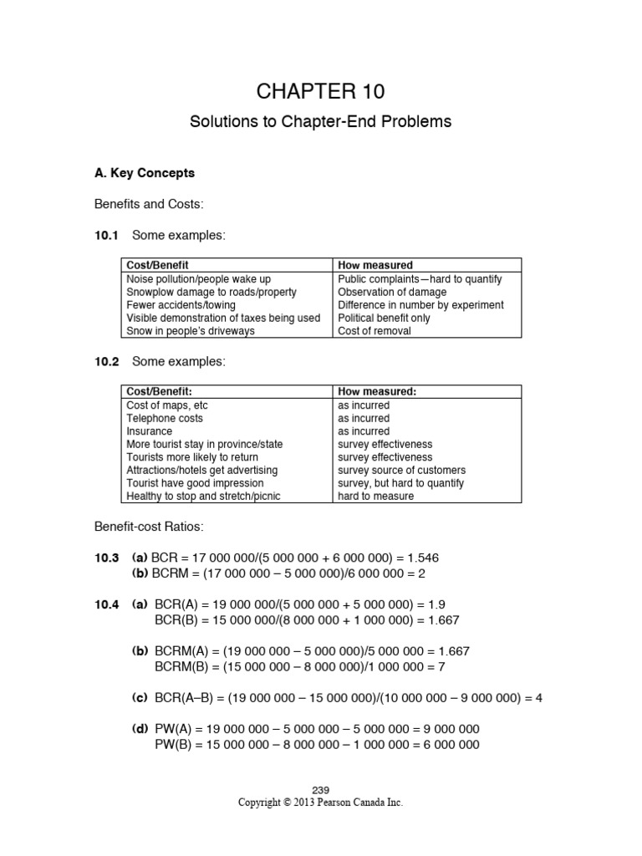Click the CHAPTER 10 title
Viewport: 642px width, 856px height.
[x=321, y=90]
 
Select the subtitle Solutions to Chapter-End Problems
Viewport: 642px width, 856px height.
[x=321, y=121]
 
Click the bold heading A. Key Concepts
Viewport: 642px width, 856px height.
[x=145, y=173]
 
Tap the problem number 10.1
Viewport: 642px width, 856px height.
[x=107, y=236]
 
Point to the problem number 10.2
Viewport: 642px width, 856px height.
[x=107, y=361]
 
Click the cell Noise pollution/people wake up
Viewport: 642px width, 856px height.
[x=199, y=279]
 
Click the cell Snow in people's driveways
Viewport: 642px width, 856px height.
[x=191, y=331]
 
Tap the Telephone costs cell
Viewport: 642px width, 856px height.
[x=165, y=418]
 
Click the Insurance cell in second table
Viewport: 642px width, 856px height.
[x=150, y=431]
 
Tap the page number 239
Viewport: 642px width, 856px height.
[x=321, y=791]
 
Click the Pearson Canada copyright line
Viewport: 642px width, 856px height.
[x=321, y=802]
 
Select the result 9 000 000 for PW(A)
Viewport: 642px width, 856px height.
[x=446, y=728]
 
